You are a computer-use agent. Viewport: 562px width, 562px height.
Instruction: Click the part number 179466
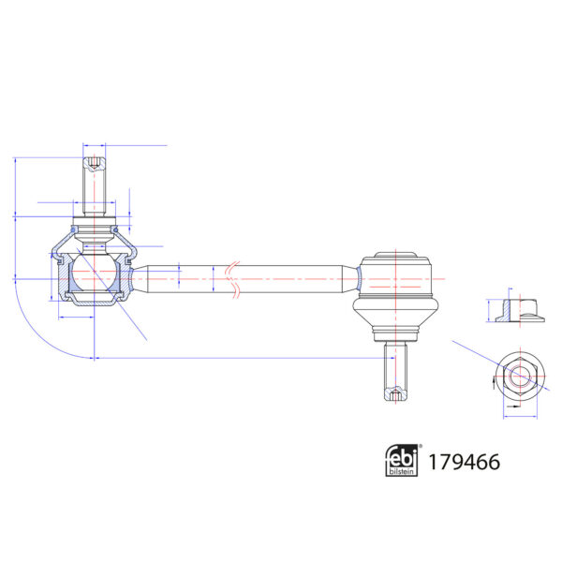tap(464, 461)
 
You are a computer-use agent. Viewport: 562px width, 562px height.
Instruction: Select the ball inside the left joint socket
tap(93, 274)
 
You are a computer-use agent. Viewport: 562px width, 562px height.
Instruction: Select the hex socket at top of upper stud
tap(95, 166)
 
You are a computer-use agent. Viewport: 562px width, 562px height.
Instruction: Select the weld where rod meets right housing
tap(359, 278)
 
